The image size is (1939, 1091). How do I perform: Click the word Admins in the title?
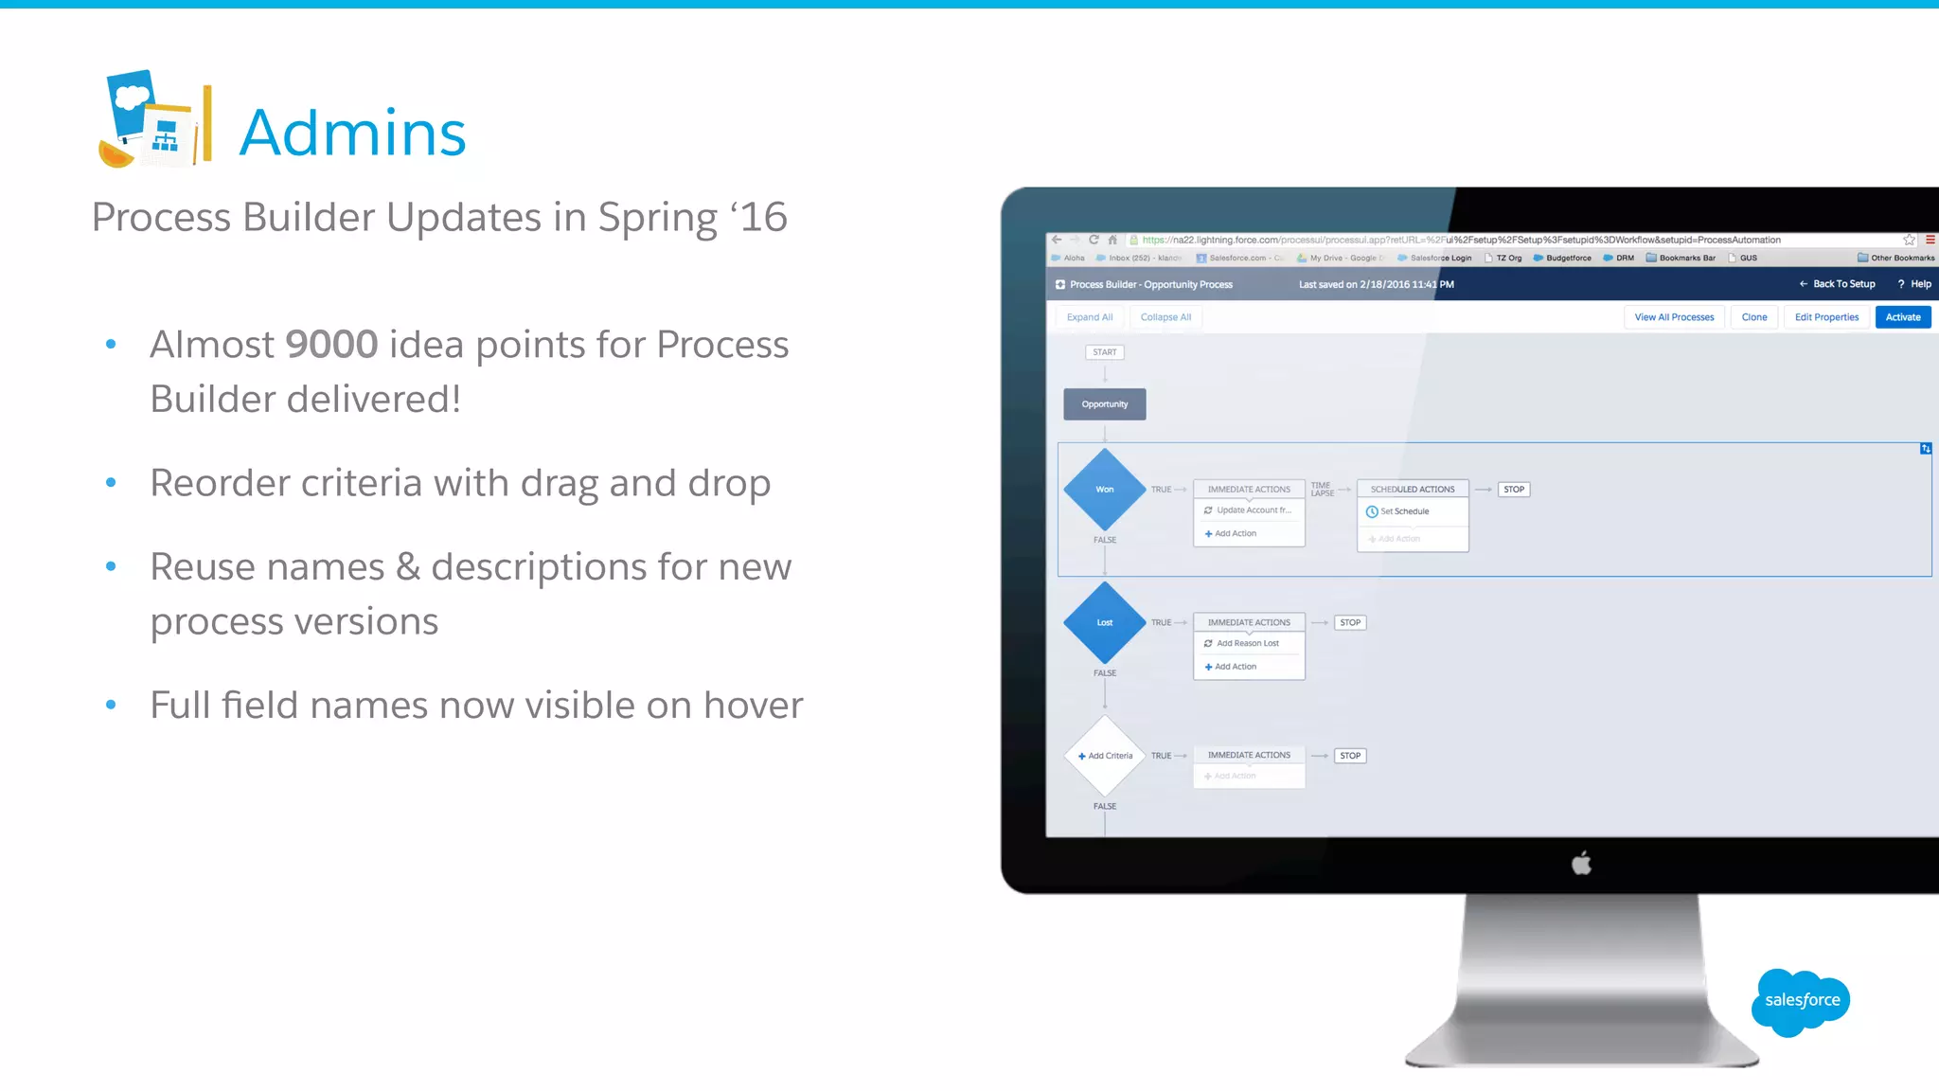(x=352, y=133)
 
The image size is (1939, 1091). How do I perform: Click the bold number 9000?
(x=331, y=345)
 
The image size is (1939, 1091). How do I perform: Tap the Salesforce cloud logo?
(x=1801, y=1001)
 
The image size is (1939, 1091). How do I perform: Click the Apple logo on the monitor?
(x=1581, y=864)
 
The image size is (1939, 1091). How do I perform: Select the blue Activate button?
(x=1902, y=317)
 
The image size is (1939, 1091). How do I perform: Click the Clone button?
(x=1753, y=317)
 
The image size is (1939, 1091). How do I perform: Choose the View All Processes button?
(x=1674, y=317)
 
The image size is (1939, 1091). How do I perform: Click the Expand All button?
(x=1089, y=317)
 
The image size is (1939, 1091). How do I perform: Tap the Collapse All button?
(x=1165, y=317)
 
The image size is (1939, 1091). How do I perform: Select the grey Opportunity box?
(x=1104, y=404)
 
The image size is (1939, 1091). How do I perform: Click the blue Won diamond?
(x=1104, y=490)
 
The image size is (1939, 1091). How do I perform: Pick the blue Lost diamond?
(x=1104, y=623)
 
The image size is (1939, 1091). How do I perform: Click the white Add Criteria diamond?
(x=1105, y=756)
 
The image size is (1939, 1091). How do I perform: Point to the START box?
(x=1104, y=352)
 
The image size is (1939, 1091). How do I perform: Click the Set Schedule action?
(x=1404, y=511)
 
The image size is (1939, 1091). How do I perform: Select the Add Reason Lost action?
(x=1247, y=644)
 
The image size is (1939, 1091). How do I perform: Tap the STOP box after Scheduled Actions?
(x=1514, y=490)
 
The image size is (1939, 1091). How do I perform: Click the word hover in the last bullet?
(x=753, y=706)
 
